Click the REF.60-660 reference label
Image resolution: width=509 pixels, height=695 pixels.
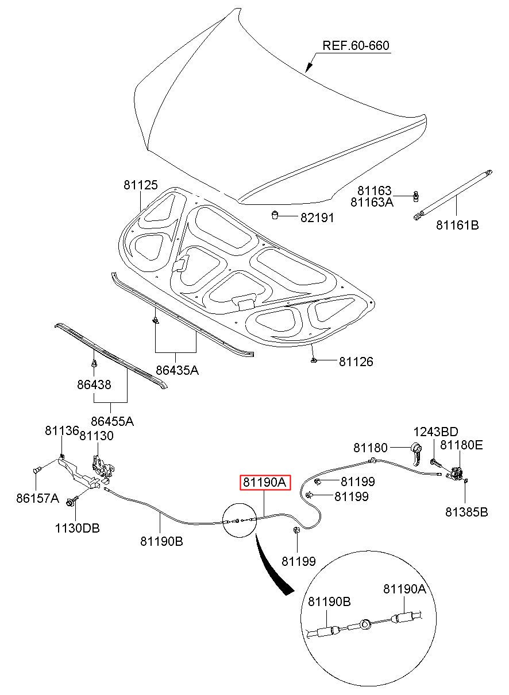pos(356,45)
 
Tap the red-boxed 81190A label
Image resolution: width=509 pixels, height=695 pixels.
pos(264,482)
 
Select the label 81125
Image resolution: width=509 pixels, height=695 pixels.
pos(141,185)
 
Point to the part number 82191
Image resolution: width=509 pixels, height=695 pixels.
pos(317,218)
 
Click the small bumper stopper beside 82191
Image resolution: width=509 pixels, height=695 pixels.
pos(275,215)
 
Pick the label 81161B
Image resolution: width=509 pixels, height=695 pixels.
pos(457,225)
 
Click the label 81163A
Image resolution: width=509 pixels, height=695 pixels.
pos(372,202)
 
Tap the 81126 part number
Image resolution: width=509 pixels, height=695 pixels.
pos(356,362)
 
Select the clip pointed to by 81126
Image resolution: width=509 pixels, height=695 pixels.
pos(314,360)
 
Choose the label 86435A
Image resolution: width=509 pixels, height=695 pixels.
pos(177,370)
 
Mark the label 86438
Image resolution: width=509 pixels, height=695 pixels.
pos(94,385)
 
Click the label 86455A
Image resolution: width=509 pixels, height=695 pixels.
pos(113,421)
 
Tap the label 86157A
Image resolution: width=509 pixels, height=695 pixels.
pos(37,498)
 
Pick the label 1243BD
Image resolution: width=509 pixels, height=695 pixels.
pos(435,432)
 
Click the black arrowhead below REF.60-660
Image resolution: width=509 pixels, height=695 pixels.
pos(309,67)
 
